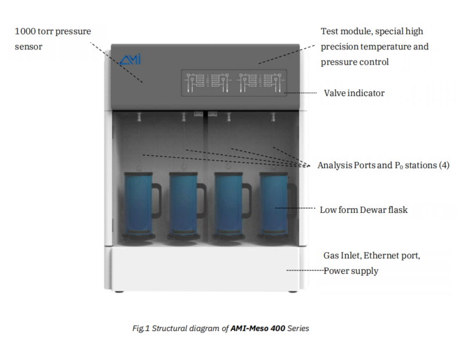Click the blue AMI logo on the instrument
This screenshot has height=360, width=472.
click(130, 59)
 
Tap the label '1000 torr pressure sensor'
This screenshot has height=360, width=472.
click(53, 39)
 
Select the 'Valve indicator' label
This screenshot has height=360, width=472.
click(354, 93)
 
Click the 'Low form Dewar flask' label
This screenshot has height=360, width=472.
click(364, 210)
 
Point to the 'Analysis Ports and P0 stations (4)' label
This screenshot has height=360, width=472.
click(383, 165)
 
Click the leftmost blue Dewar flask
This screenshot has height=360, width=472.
click(139, 205)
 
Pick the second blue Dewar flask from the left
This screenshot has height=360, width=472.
click(184, 205)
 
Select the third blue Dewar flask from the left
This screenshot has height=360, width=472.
click(228, 205)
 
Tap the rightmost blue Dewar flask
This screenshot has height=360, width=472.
click(273, 205)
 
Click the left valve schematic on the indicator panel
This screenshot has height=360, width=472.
click(207, 83)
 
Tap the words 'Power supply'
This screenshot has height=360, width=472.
click(351, 271)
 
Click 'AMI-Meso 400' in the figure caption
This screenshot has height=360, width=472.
click(258, 328)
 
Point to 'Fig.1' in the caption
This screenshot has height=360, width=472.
click(141, 329)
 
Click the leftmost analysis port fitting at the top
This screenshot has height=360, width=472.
click(139, 117)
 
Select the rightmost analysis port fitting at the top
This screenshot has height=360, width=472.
click(273, 117)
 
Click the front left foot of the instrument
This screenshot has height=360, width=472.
click(119, 291)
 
